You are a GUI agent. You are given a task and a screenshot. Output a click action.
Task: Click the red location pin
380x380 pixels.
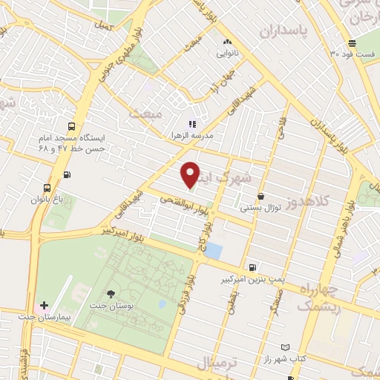[191, 174]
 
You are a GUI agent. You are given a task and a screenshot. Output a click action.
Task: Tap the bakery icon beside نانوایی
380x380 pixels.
[227, 42]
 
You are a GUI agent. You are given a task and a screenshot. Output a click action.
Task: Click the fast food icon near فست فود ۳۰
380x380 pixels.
[352, 42]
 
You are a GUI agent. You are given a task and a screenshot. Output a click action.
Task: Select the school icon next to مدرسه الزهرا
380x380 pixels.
[191, 124]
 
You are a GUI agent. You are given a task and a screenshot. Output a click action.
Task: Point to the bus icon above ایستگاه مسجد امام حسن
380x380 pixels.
[71, 126]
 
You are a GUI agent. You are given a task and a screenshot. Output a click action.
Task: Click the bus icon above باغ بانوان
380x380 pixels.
[47, 187]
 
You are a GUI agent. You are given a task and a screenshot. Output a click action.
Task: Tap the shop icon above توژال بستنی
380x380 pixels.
[261, 197]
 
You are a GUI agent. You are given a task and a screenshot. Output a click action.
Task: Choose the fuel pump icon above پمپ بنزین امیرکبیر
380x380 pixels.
[254, 267]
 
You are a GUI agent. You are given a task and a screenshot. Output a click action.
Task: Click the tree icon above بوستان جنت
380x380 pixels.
[111, 295]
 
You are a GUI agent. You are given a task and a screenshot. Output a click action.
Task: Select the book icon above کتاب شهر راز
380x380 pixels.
[286, 347]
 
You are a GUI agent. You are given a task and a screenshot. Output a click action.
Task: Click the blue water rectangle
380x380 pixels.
[213, 251]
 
